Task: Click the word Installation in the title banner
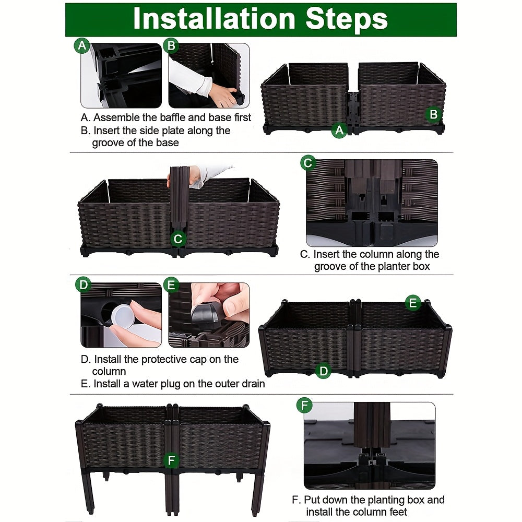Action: [214, 19]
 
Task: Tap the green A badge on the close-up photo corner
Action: [82, 45]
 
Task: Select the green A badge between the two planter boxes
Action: [339, 130]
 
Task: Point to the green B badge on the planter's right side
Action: [433, 114]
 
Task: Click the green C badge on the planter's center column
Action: [178, 239]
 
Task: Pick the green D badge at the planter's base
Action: [323, 371]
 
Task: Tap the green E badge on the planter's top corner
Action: [413, 303]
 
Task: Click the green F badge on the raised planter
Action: [171, 460]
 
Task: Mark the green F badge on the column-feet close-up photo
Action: [304, 405]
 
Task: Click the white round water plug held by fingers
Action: [123, 316]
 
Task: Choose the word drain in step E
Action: [252, 384]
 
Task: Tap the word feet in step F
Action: [397, 512]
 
